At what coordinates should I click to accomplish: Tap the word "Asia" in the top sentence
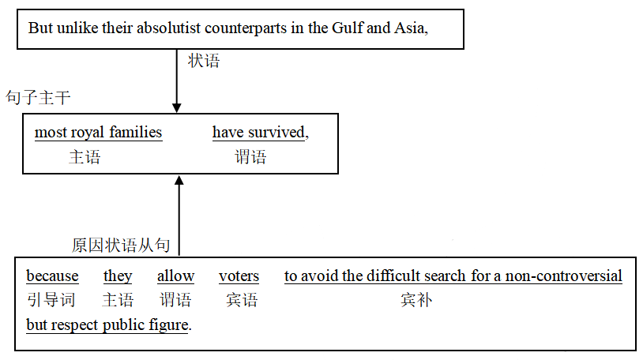click(409, 28)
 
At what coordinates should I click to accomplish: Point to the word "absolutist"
click(168, 28)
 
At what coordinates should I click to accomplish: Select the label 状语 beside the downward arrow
click(204, 61)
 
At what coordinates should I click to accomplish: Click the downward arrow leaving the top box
click(177, 81)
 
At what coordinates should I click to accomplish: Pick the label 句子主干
click(38, 98)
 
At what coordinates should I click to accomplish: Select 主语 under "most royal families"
click(85, 156)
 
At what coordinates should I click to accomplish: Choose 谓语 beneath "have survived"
click(250, 156)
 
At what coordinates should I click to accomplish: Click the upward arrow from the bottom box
click(179, 216)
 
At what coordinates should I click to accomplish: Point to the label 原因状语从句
click(121, 246)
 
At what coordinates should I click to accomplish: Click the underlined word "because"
click(52, 276)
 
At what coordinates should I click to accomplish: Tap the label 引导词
click(51, 300)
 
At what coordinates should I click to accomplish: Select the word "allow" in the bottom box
click(176, 276)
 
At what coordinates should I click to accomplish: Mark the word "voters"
click(239, 276)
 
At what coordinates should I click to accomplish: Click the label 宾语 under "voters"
click(242, 300)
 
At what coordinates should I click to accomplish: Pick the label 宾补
click(416, 300)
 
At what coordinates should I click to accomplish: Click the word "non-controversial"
click(563, 276)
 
